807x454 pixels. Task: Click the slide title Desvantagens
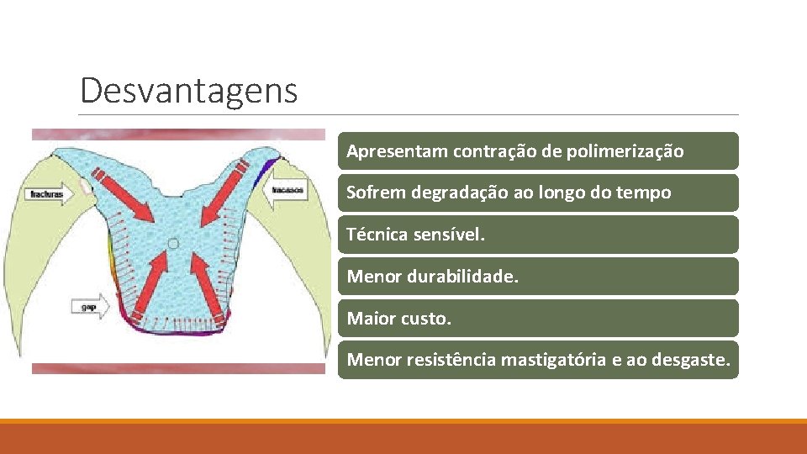click(188, 90)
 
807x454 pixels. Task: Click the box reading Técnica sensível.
click(538, 235)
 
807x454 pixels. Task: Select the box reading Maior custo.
click(538, 318)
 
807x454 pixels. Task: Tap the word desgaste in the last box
click(690, 360)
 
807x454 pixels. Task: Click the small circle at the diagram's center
click(172, 244)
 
